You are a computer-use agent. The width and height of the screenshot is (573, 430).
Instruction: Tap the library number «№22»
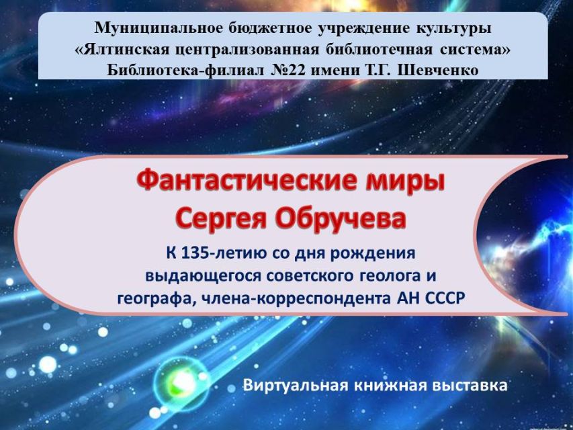[288, 70]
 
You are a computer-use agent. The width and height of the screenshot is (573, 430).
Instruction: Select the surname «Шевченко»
[438, 70]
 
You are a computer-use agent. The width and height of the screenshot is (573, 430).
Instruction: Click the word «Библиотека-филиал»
[185, 70]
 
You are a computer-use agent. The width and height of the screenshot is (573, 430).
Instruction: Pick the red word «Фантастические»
[244, 180]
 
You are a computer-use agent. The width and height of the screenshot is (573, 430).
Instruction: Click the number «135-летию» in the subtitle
[224, 253]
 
